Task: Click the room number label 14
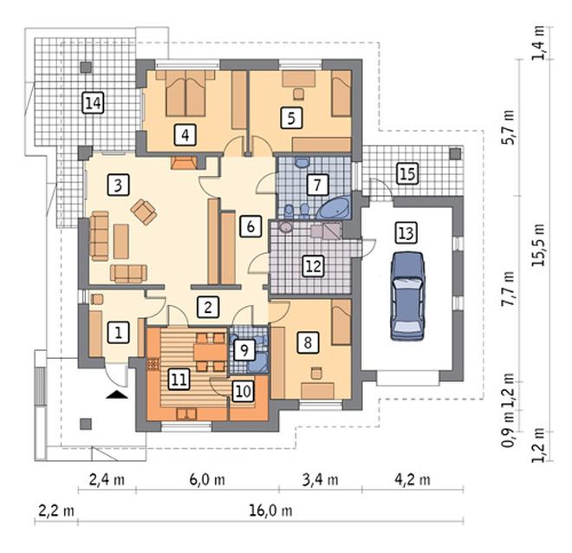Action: (94, 103)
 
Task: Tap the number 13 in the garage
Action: (406, 232)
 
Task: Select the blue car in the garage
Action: (407, 296)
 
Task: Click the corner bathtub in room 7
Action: (334, 208)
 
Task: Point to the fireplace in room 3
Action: (184, 163)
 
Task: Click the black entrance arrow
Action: (117, 394)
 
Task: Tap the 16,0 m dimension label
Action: (270, 511)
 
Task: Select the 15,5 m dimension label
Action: (538, 244)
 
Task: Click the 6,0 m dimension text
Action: (207, 479)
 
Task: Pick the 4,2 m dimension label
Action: (413, 479)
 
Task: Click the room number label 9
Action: (244, 350)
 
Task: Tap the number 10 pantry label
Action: (244, 391)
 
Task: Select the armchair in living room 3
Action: (144, 212)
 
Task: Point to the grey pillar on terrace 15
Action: (455, 153)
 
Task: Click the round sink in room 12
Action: (286, 228)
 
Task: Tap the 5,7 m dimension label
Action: (509, 127)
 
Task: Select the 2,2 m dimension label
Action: (56, 511)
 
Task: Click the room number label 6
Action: (250, 226)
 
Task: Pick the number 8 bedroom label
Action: (308, 342)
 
